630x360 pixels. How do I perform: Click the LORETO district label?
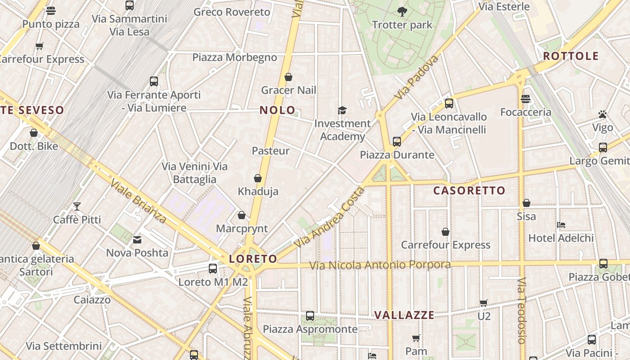[253, 259]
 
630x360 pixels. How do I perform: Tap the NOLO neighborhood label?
[278, 110]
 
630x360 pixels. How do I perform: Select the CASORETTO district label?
[469, 190]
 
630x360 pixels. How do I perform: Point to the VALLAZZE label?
[405, 315]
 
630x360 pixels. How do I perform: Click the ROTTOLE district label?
[571, 56]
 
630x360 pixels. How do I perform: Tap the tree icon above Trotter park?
[402, 12]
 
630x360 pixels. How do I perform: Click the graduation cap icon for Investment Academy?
[342, 110]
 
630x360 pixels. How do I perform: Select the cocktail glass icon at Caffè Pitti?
[77, 207]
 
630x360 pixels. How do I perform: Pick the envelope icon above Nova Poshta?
[137, 240]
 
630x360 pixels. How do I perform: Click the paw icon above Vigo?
[603, 114]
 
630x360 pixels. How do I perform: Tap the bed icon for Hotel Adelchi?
[561, 225]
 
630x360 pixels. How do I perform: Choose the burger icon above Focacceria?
[526, 99]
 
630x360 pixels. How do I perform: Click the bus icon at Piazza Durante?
[396, 142]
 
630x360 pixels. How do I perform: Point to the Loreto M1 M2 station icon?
[213, 269]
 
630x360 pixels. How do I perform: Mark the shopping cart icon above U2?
[484, 303]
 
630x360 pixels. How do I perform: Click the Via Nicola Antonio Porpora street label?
[380, 265]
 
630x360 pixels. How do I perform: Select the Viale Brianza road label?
[138, 202]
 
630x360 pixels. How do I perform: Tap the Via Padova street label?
[417, 78]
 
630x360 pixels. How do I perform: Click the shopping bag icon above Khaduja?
[258, 179]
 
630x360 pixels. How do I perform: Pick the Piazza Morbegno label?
[234, 57]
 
